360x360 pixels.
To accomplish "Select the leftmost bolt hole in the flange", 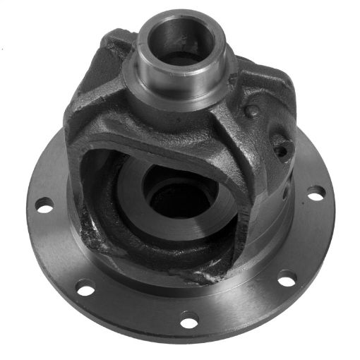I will pos(44,206).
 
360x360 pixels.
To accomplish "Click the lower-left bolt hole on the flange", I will pos(85,287).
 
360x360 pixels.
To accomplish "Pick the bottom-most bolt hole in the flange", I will pos(188,322).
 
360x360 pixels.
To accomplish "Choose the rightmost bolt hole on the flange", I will pos(316,192).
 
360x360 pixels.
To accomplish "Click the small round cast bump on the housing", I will pos(251,112).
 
